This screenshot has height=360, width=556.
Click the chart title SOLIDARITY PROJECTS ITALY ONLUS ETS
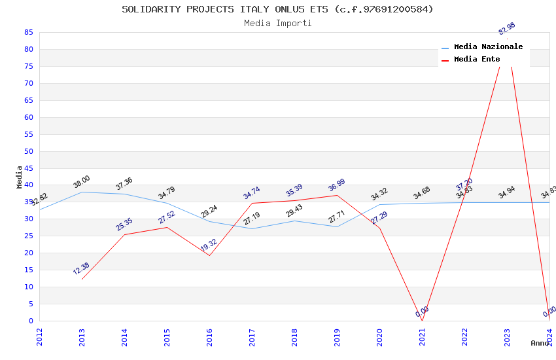coord(277,9)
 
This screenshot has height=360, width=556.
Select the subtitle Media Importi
coord(277,24)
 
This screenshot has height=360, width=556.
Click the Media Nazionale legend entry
coord(488,47)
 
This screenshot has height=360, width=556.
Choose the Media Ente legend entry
coord(477,60)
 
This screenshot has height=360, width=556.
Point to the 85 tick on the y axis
coord(28,32)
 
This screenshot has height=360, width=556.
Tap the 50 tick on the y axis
coord(28,151)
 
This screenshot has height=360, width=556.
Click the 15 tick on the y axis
coord(28,270)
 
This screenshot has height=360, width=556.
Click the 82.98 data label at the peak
coord(507,29)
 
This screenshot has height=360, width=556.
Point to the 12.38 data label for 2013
coord(82,268)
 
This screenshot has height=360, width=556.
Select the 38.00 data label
coord(82,181)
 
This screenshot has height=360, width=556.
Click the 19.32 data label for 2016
coord(209,245)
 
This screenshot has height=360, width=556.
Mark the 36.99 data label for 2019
coord(337,185)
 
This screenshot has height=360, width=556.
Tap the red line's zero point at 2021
coord(422,321)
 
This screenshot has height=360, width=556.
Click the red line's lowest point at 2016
coord(209,255)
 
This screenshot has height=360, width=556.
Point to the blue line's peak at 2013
coord(82,192)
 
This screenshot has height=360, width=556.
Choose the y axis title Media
coord(20,177)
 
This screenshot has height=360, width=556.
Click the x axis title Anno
coord(540,343)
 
